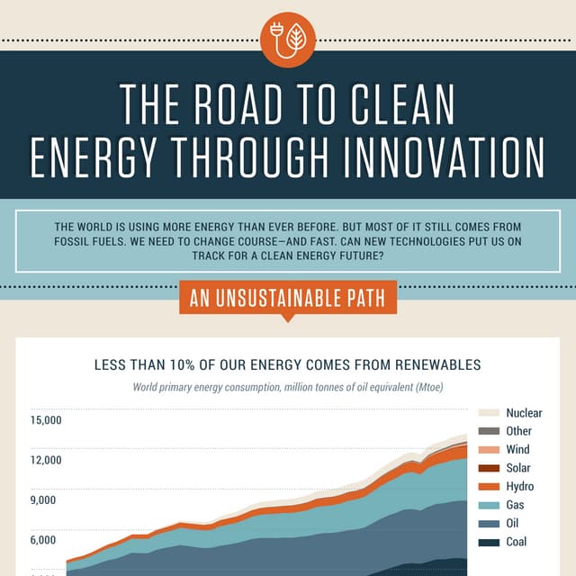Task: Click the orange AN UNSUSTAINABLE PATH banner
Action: (288, 298)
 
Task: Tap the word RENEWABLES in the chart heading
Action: (431, 365)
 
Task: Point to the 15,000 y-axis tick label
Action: (46, 420)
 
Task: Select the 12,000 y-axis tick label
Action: (46, 461)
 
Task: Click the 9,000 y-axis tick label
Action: (49, 500)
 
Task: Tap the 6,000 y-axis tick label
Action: (49, 540)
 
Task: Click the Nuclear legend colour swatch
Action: (489, 413)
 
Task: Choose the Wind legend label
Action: (517, 449)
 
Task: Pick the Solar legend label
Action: (518, 468)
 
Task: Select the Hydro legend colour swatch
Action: (489, 487)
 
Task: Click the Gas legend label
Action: (516, 505)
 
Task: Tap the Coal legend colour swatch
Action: (489, 542)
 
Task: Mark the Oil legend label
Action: (514, 524)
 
